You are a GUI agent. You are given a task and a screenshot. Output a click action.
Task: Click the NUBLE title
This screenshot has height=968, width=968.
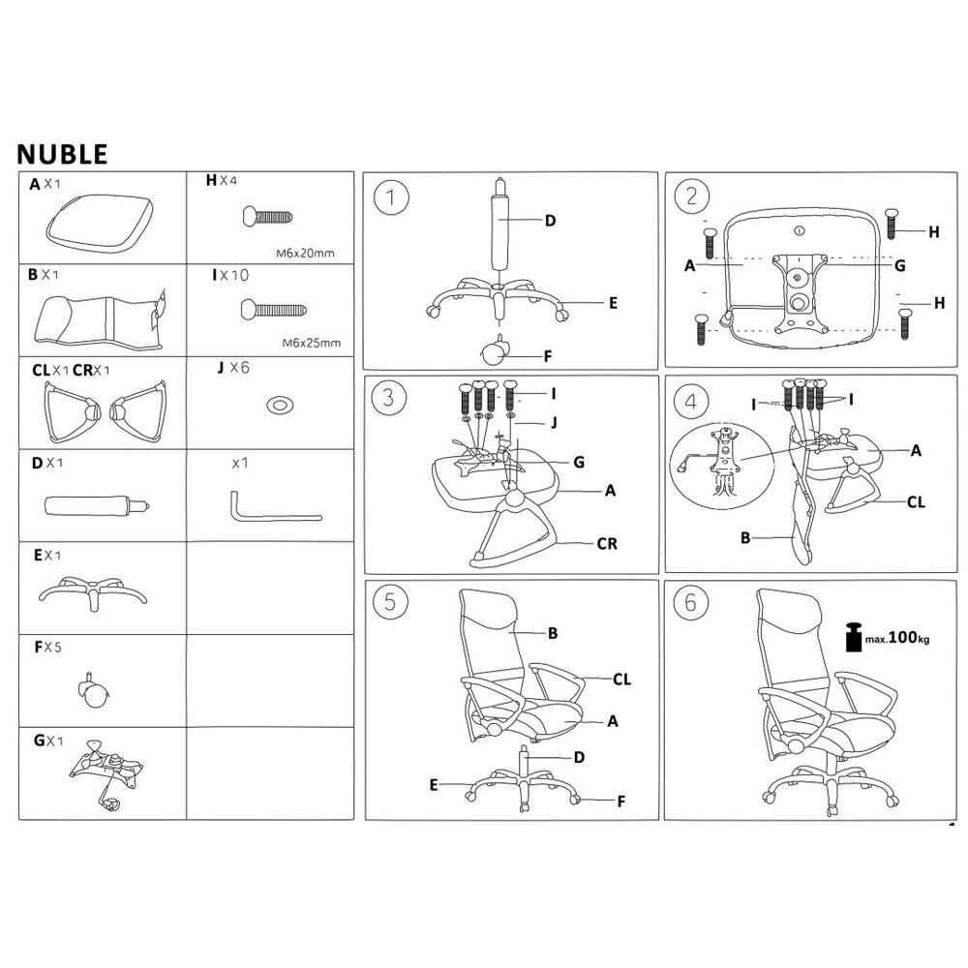(63, 154)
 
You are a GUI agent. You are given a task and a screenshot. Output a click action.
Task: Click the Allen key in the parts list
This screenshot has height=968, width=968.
(274, 509)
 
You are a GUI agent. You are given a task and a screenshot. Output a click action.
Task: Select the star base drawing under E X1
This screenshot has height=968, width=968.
(92, 590)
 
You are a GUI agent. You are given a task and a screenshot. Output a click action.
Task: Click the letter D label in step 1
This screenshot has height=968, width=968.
(550, 221)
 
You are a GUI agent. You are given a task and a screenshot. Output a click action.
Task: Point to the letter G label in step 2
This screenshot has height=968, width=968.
(899, 264)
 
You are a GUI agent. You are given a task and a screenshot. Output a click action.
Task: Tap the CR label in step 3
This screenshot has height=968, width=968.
(606, 544)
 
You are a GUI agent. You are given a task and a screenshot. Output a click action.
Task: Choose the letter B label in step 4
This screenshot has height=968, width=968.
(745, 537)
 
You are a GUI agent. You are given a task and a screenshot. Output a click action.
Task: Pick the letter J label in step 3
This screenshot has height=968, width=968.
(554, 422)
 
